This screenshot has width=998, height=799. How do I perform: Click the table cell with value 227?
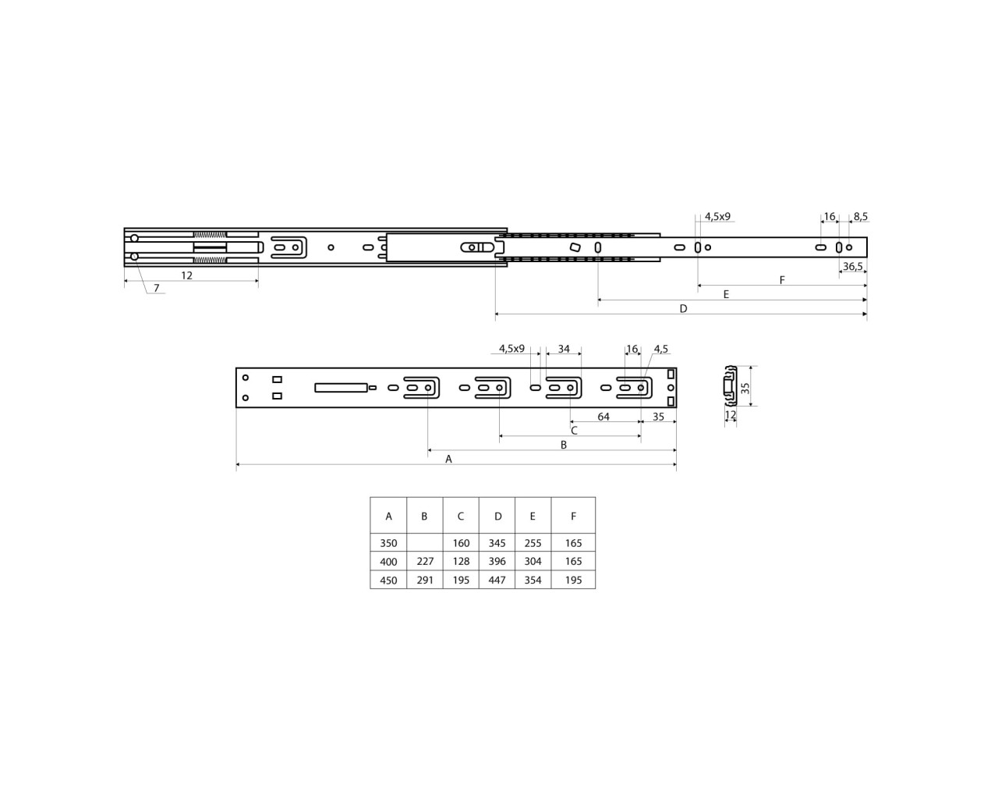click(x=425, y=561)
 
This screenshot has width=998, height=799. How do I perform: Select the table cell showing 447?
click(x=497, y=580)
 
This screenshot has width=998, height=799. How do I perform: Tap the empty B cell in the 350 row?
click(x=425, y=543)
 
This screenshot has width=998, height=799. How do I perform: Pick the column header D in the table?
click(x=497, y=516)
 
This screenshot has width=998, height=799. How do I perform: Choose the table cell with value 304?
click(x=533, y=561)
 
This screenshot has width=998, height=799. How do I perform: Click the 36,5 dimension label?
click(x=853, y=267)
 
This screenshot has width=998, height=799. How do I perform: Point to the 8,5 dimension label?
click(x=861, y=216)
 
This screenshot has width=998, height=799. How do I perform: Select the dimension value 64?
click(x=603, y=417)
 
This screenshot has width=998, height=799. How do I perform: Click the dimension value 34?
click(x=564, y=349)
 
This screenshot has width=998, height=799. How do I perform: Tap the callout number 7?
click(x=156, y=288)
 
